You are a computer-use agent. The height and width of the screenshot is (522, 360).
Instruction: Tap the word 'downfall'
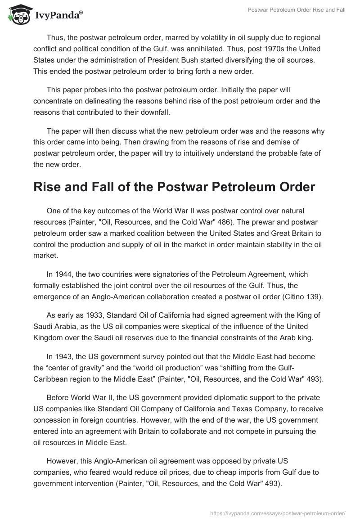click(154, 112)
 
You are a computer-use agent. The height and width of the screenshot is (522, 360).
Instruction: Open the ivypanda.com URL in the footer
click(278, 513)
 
